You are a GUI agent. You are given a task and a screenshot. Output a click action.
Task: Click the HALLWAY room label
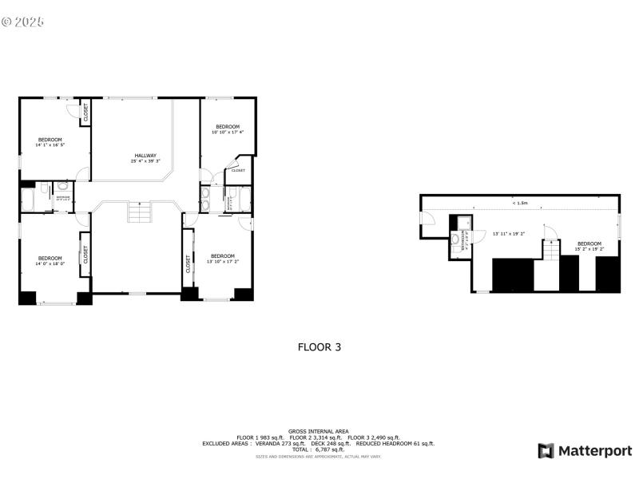[x=145, y=156]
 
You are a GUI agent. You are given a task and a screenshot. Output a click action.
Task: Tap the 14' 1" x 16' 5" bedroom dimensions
[x=49, y=145]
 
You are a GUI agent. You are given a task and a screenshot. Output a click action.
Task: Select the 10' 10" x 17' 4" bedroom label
[x=227, y=132]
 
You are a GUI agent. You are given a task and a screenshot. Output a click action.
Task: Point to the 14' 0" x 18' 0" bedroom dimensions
[x=50, y=263]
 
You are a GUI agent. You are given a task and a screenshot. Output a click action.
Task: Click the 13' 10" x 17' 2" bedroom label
[x=222, y=261]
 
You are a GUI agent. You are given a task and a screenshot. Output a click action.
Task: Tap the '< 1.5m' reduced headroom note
[x=520, y=204]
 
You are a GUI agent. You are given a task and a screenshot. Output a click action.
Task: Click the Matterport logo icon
[x=546, y=451]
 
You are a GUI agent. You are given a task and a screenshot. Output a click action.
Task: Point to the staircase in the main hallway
[x=139, y=214]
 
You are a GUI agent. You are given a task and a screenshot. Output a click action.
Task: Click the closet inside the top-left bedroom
[x=85, y=113]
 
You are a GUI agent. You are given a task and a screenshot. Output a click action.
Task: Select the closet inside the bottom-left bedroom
[x=85, y=255]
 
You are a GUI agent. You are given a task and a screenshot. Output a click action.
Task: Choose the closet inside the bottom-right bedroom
[x=189, y=264]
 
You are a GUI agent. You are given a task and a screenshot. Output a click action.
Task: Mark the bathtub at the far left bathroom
[x=28, y=196]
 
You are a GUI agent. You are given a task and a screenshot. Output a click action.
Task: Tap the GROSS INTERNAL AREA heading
[x=319, y=431]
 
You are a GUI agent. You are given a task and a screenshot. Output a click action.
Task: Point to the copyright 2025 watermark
[x=22, y=22]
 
